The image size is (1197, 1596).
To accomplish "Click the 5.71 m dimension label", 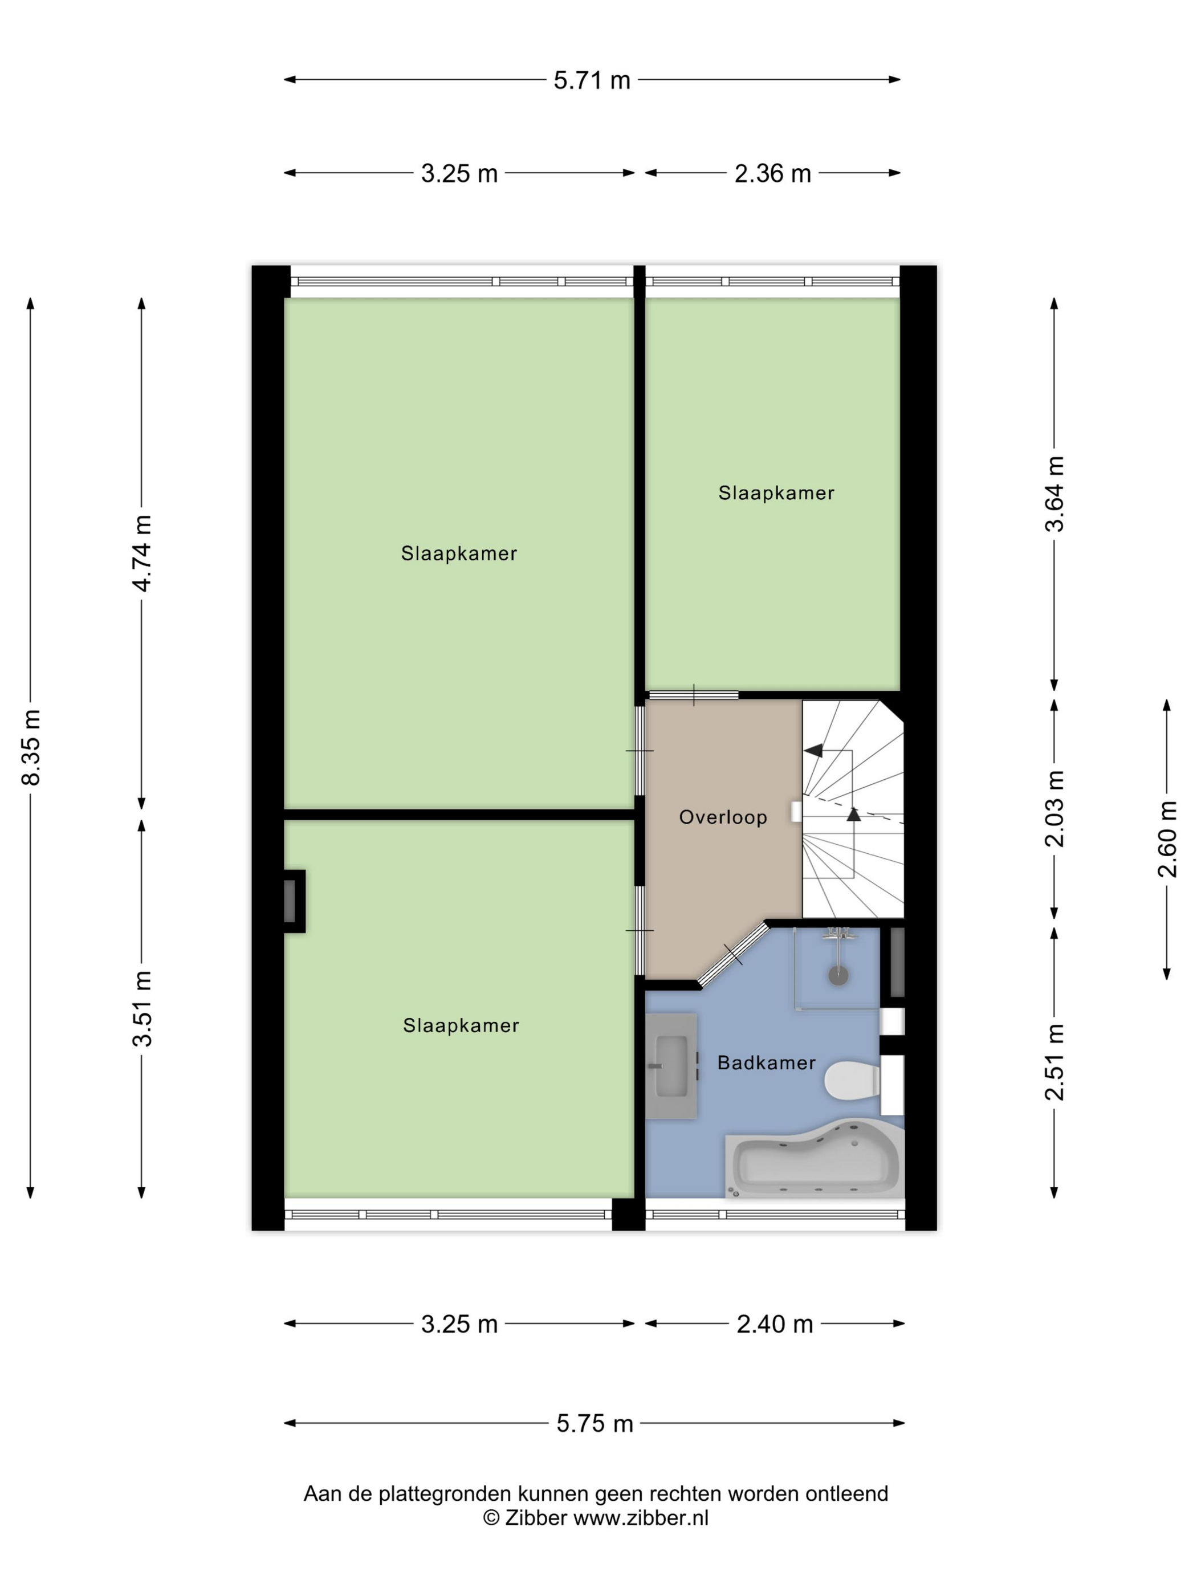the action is click(592, 80).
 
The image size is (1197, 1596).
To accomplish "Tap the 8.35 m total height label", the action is click(31, 747).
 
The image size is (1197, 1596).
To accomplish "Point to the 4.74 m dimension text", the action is click(142, 553).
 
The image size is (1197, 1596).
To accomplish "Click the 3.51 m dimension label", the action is click(142, 1008).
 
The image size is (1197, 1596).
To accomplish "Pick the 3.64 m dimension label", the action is click(1054, 494).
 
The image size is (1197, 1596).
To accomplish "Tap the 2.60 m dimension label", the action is click(1167, 838).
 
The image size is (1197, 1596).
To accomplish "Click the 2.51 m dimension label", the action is click(1054, 1061).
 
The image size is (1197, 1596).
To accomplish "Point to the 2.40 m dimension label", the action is click(774, 1324).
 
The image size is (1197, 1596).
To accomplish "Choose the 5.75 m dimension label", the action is click(595, 1423).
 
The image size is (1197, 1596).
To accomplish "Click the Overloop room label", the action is click(723, 817).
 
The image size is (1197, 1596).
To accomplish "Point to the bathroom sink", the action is click(671, 1066).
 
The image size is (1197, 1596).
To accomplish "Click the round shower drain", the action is click(838, 975).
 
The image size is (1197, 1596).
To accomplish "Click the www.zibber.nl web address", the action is click(641, 1517).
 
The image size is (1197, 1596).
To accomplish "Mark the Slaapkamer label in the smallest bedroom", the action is click(776, 493).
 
